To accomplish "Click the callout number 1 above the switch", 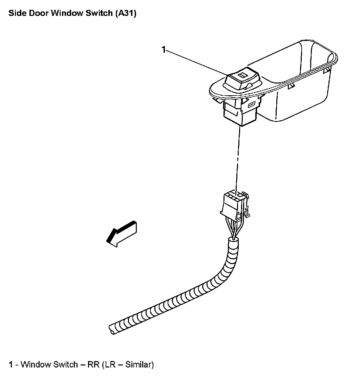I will point(164,50).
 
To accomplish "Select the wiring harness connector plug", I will point(232,204).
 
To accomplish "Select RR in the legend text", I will point(93,364).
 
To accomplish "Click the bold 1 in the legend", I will point(11,364).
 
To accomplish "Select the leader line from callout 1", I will point(196,62).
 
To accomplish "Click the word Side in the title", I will point(16,14).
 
